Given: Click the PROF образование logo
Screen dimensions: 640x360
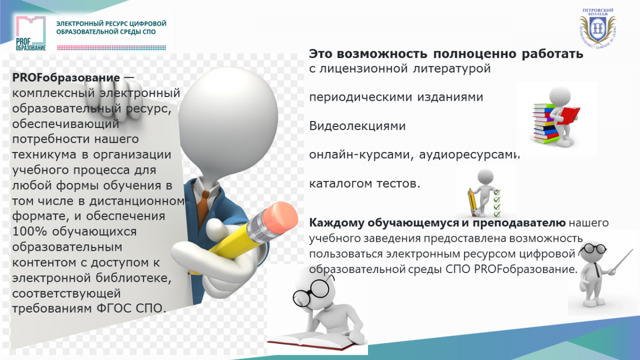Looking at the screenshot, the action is [x=31, y=34].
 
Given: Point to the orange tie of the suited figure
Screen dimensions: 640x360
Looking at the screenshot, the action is [x=203, y=206].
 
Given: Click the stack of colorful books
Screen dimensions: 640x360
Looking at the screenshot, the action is [x=545, y=123].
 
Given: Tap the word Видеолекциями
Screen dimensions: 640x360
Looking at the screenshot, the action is [x=357, y=126].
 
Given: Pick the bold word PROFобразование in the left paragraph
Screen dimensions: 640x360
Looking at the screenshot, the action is [x=66, y=78].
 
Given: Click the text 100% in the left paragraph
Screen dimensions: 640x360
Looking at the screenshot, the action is [x=29, y=231].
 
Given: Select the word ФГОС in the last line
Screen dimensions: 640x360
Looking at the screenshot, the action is [x=114, y=309].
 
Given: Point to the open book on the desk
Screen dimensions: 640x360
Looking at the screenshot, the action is [x=314, y=341].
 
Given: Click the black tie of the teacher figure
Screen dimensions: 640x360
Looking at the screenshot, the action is [x=597, y=270].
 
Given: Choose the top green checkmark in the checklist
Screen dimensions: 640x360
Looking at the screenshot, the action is [x=497, y=192].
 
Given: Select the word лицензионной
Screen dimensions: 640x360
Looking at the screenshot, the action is [x=363, y=69].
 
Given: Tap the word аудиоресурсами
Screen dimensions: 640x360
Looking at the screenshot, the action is [x=469, y=155].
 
